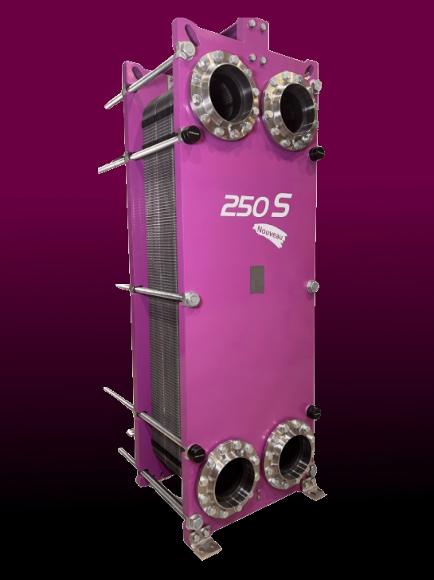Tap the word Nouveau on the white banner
[272, 232]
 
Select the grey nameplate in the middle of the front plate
[256, 278]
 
